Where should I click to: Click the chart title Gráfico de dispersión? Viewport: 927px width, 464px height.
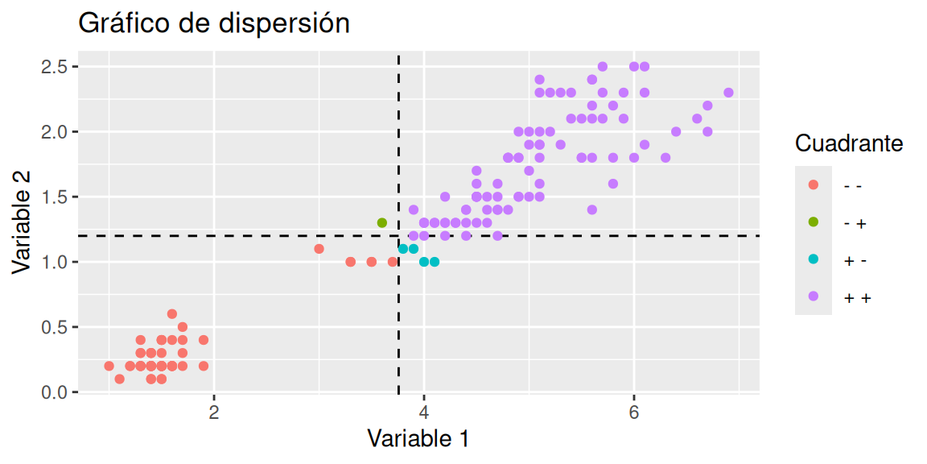pyautogui.click(x=213, y=24)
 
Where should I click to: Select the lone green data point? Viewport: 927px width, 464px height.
pyautogui.click(x=382, y=222)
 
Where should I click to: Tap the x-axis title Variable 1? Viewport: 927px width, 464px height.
pyautogui.click(x=418, y=438)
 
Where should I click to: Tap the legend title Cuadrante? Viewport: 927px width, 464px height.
pyautogui.click(x=848, y=144)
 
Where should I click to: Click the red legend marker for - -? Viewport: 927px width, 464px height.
pyautogui.click(x=813, y=185)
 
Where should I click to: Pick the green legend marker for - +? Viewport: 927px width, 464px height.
pyautogui.click(x=813, y=222)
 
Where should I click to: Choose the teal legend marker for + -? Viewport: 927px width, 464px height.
pyautogui.click(x=813, y=259)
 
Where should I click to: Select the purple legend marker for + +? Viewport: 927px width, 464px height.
pyautogui.click(x=813, y=296)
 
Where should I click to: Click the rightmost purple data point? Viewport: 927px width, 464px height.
pyautogui.click(x=728, y=93)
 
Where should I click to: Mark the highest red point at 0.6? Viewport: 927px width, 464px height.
pyautogui.click(x=172, y=314)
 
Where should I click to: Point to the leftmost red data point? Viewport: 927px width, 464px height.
pyautogui.click(x=109, y=366)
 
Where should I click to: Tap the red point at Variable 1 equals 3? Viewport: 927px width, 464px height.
pyautogui.click(x=319, y=249)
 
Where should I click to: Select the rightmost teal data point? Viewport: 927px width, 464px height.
pyautogui.click(x=435, y=262)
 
